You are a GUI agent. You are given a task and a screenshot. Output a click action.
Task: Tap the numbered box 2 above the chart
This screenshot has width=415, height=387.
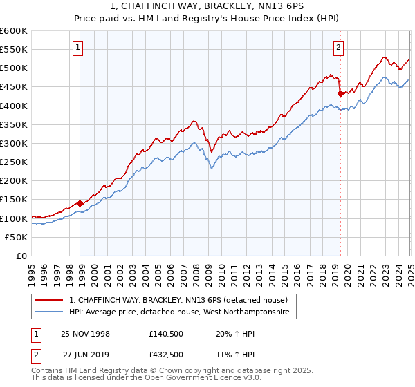[339, 48]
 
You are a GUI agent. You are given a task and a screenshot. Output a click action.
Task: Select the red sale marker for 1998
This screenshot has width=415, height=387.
[80, 203]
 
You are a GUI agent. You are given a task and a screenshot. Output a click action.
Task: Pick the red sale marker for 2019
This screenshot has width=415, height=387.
[340, 93]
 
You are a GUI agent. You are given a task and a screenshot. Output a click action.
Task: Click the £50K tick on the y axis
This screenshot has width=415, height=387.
[17, 238]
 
